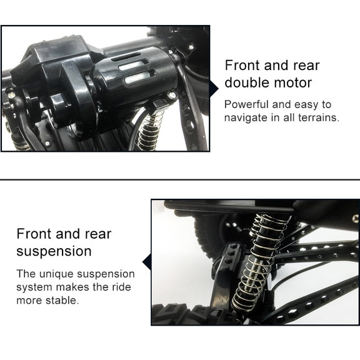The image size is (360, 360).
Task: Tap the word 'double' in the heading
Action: point(247,82)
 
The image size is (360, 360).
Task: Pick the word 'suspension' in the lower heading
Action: point(54,252)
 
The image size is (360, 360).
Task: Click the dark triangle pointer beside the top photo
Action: point(214,88)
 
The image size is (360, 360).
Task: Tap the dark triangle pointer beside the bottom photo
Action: point(147,262)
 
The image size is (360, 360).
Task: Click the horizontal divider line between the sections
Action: point(180,179)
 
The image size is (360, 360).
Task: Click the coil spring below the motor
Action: point(151,131)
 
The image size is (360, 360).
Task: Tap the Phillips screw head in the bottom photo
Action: point(356,218)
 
